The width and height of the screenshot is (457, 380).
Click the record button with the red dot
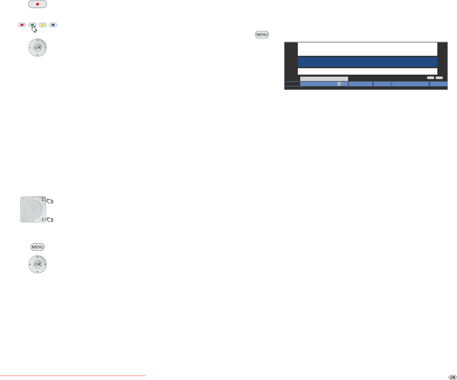37,4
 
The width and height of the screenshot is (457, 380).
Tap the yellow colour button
43,25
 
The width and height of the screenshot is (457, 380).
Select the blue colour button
53,25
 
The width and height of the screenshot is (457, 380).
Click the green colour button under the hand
32,25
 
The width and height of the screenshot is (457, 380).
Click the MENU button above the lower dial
37,247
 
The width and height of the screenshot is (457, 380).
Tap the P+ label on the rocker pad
42,199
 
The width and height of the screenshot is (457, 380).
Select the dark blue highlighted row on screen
367,62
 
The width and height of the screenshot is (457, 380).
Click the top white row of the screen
367,49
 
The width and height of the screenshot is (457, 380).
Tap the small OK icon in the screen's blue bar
339,84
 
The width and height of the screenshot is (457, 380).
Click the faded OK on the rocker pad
33,209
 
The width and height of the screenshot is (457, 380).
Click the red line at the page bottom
73,376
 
